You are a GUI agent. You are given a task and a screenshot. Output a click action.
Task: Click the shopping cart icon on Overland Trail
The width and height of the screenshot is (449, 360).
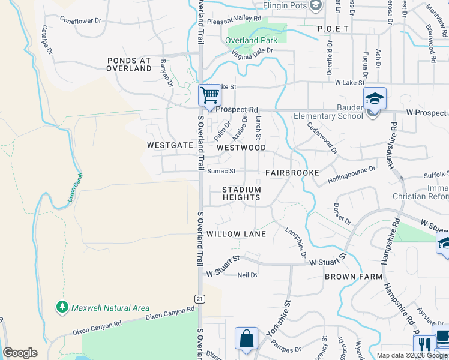click(209, 95)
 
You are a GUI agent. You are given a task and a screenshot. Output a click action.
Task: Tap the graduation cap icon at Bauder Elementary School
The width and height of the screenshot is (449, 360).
click(375, 98)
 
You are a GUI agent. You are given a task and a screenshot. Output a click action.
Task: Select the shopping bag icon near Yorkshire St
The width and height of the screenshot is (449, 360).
click(246, 338)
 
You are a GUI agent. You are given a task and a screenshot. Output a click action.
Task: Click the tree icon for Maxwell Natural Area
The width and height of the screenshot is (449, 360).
click(62, 308)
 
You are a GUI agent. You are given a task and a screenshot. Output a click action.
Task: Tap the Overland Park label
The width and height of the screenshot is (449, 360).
click(251, 41)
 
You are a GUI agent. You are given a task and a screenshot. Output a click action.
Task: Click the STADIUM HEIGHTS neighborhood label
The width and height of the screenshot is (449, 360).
click(242, 193)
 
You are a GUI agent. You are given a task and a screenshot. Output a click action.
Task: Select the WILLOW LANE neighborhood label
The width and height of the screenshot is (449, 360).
click(236, 234)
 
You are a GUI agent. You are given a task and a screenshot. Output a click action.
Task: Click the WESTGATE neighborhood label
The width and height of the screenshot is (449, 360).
click(170, 145)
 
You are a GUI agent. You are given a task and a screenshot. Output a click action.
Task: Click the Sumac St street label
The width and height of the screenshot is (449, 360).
click(221, 171)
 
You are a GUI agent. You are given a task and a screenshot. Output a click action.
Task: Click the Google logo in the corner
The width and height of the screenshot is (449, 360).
click(20, 353)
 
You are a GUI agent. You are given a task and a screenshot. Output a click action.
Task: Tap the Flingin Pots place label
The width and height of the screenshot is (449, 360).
click(285, 6)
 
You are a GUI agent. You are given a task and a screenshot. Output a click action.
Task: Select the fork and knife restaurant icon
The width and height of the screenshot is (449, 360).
click(424, 344)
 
